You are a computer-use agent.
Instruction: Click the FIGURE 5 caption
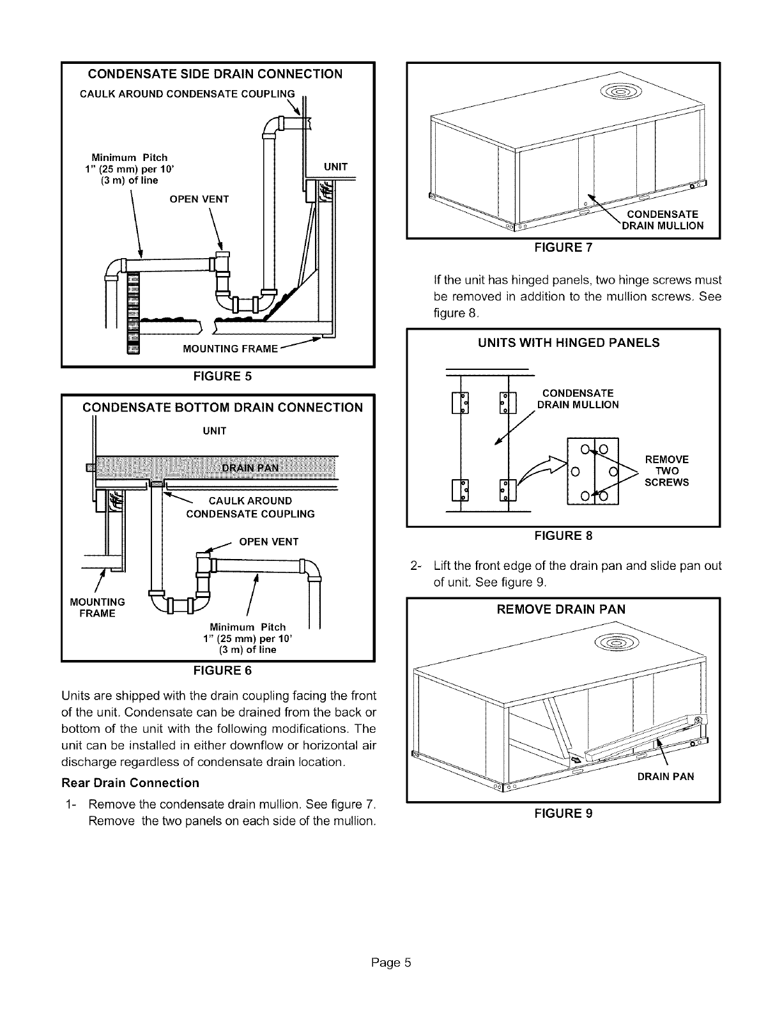[x=217, y=376]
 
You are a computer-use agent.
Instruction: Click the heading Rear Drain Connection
[x=130, y=783]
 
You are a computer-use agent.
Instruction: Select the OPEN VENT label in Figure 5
[x=199, y=199]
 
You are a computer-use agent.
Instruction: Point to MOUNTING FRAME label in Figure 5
[x=222, y=349]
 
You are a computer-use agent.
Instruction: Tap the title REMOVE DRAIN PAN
[x=561, y=609]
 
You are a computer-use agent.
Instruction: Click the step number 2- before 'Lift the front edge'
[x=417, y=566]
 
